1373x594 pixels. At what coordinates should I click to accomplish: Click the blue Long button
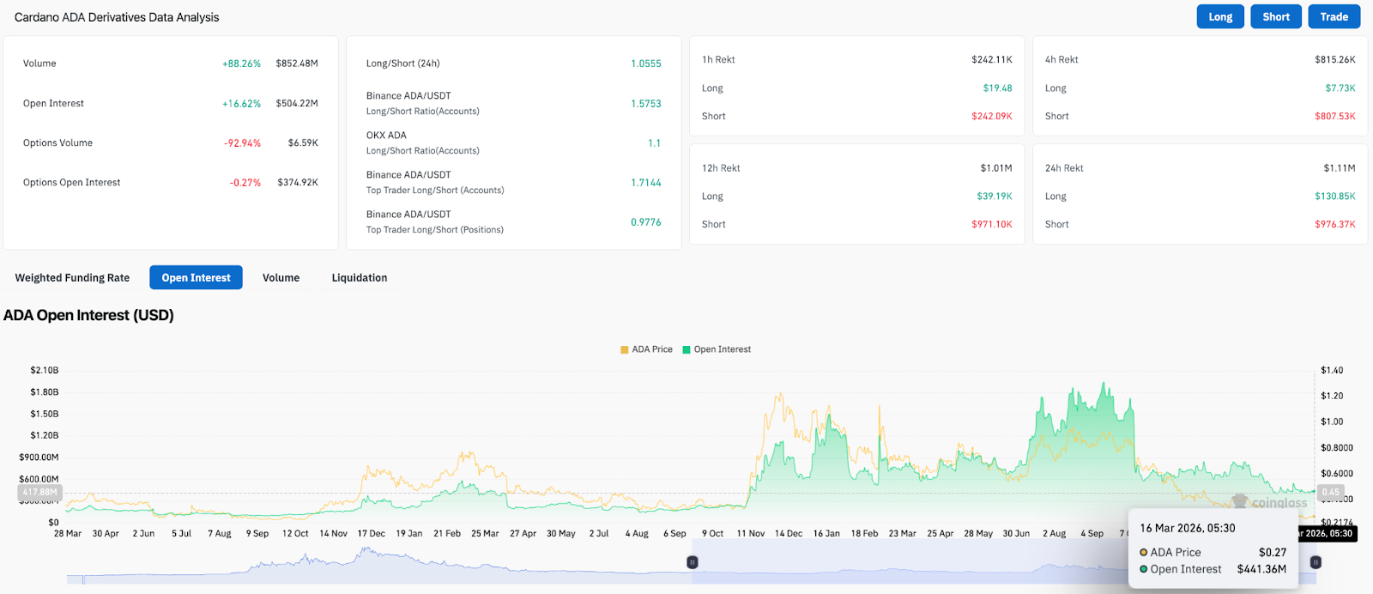click(x=1219, y=17)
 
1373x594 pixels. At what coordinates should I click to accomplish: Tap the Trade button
click(x=1334, y=17)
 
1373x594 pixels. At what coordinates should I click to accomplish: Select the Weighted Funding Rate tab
click(x=72, y=278)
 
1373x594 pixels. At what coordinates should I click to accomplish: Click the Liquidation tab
click(x=359, y=278)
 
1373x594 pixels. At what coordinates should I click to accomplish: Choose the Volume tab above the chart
click(x=281, y=278)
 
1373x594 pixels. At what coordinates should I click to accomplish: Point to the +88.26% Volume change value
click(x=241, y=64)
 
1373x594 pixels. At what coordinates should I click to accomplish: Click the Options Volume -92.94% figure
click(x=242, y=143)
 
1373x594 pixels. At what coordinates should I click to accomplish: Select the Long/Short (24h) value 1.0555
click(x=645, y=64)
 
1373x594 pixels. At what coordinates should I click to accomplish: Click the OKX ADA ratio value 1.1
click(x=654, y=143)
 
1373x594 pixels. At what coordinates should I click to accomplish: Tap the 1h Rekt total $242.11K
click(x=991, y=60)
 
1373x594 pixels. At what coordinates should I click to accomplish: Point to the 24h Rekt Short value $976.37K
click(x=1334, y=225)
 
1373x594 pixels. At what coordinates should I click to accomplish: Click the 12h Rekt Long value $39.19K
click(x=994, y=197)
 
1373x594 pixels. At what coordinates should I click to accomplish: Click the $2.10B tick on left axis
click(x=44, y=371)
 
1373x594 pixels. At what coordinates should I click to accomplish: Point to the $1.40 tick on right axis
click(x=1332, y=371)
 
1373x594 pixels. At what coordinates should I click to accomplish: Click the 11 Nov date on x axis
click(x=750, y=534)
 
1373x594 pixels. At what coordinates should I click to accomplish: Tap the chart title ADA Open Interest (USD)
click(x=88, y=316)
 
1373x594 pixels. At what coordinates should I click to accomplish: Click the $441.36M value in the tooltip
click(x=1261, y=569)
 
